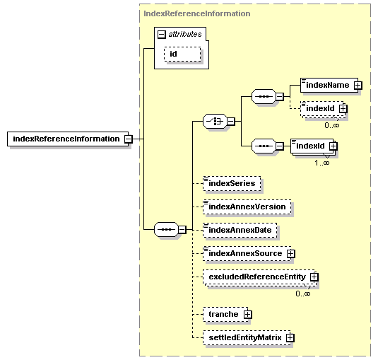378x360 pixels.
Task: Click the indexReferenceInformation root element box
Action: click(x=66, y=139)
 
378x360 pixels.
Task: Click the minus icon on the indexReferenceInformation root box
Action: click(x=128, y=139)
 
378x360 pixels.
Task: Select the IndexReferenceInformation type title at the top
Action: click(x=196, y=13)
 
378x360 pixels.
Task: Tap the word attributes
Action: click(x=184, y=33)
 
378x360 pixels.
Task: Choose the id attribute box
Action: click(x=182, y=54)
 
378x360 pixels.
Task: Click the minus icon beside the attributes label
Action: click(x=162, y=33)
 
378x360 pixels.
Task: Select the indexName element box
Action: click(x=326, y=85)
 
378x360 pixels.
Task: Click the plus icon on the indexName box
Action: click(x=358, y=86)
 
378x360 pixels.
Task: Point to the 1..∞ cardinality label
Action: click(x=321, y=163)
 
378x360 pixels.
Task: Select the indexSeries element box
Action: click(x=230, y=183)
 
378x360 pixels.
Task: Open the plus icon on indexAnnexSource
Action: click(x=290, y=253)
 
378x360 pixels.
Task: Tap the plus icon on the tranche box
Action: click(x=247, y=313)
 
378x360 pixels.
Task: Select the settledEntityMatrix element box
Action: click(x=244, y=338)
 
